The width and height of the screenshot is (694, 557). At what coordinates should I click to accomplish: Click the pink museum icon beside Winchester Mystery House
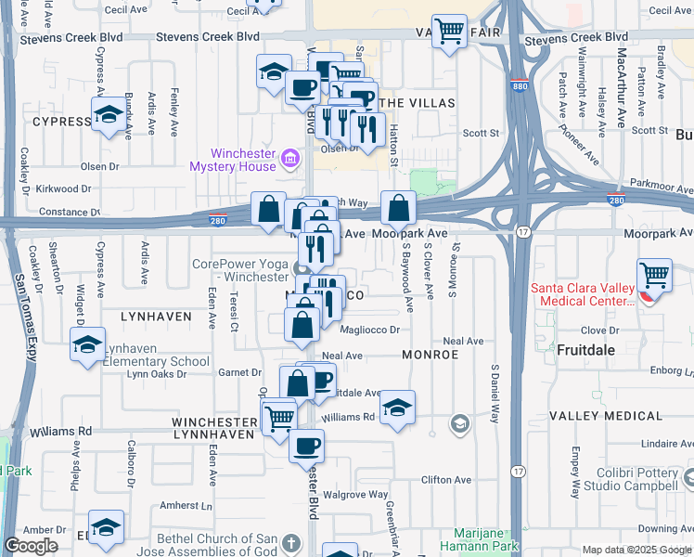290,159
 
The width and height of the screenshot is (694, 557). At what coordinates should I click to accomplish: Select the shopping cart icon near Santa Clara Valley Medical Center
655,275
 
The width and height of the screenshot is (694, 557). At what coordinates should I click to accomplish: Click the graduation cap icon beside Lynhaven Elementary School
88,344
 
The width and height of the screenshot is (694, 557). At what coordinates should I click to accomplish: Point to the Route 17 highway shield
524,231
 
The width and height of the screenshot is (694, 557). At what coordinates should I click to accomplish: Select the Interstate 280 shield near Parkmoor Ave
615,200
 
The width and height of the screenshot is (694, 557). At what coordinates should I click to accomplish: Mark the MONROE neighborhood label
430,355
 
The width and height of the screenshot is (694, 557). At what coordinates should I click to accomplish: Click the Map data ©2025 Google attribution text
636,550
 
